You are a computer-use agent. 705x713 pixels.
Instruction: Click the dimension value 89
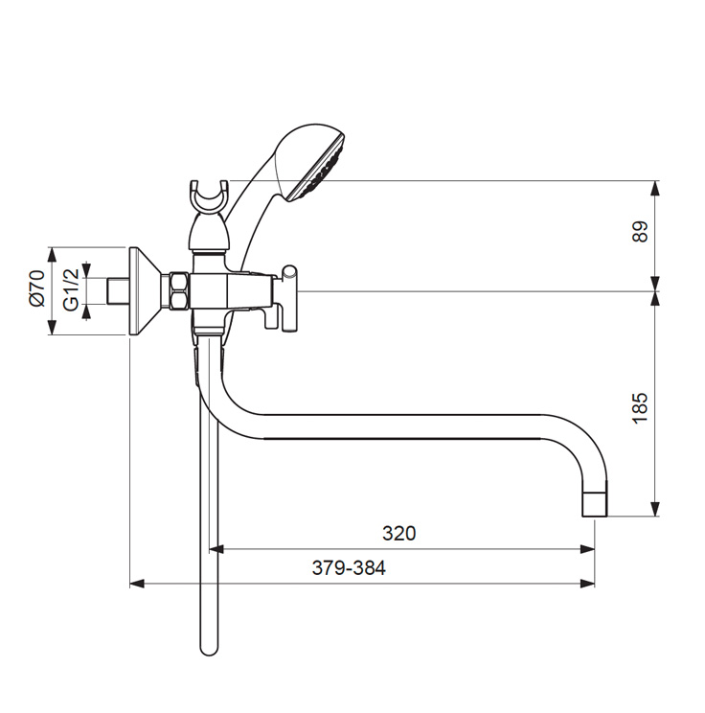[641, 231]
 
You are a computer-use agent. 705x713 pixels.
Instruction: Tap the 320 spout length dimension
[398, 533]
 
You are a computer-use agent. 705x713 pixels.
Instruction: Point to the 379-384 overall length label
[349, 567]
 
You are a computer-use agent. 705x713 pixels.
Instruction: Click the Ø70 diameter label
[35, 287]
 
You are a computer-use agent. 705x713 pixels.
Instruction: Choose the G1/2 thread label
[71, 289]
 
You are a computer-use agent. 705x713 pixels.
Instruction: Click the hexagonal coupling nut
[177, 291]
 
